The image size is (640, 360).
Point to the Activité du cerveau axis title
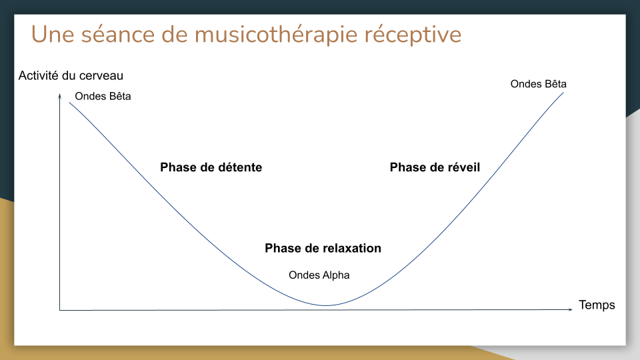71,76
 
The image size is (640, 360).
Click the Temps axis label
597,305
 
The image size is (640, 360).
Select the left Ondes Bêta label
103,97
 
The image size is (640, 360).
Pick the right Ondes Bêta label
538,84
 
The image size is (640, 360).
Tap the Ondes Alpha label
319,275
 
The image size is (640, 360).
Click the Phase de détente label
211,167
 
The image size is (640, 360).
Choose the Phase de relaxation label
323,248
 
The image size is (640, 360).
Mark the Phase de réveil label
435,167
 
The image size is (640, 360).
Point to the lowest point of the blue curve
326,305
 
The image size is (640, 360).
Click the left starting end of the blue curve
69,103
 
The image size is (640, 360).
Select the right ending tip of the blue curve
564,92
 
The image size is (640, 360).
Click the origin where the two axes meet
60,310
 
